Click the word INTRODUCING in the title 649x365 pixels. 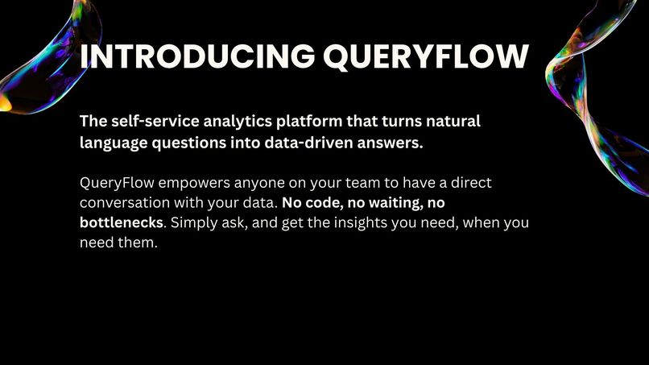(196, 56)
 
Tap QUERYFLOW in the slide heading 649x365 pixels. (425, 56)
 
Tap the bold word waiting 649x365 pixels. (395, 203)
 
